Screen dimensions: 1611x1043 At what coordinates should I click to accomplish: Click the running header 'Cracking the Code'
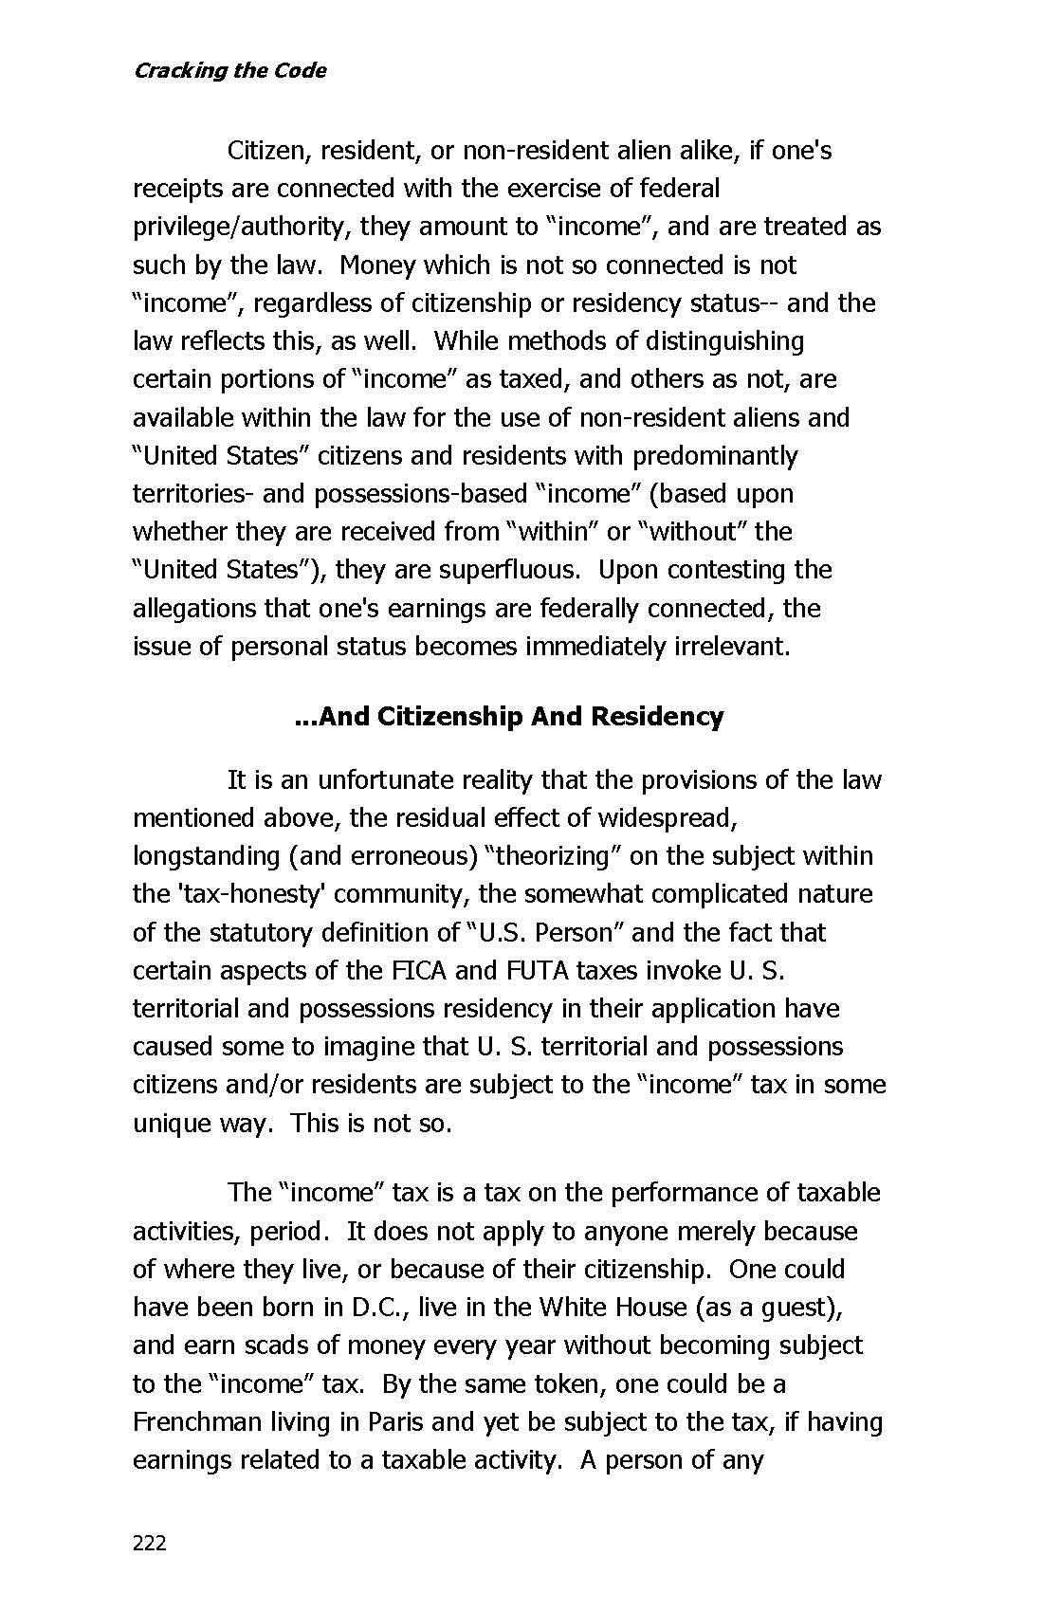(x=229, y=71)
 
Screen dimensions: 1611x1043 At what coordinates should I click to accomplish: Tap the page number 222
(x=150, y=1543)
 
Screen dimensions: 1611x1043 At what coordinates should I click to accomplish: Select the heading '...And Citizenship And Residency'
(x=509, y=716)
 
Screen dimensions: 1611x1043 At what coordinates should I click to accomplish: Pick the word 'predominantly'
(x=715, y=456)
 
